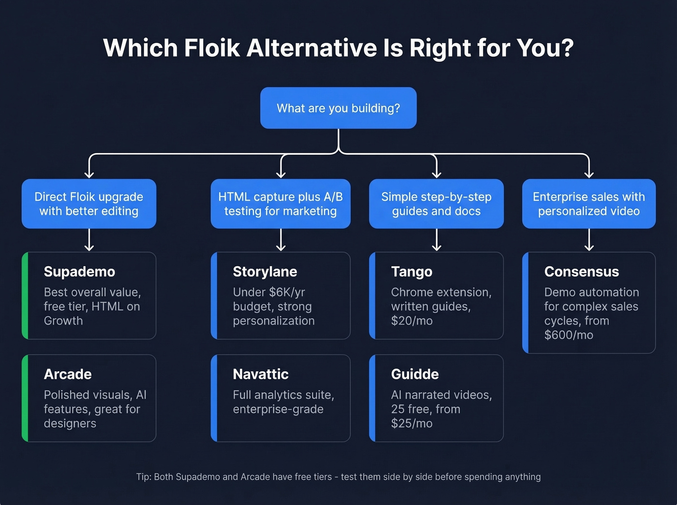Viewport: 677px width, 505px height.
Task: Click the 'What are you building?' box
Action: (x=338, y=108)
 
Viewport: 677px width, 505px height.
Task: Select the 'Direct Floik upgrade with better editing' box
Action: (x=89, y=203)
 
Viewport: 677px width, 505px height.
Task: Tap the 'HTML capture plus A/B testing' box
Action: (x=280, y=203)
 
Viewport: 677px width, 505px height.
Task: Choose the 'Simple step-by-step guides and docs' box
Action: (x=436, y=203)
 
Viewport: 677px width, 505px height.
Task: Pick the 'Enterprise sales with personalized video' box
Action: (x=589, y=203)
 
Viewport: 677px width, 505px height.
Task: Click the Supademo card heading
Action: (x=79, y=272)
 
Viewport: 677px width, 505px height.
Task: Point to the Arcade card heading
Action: (x=68, y=374)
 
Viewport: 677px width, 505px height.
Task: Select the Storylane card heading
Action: (x=265, y=272)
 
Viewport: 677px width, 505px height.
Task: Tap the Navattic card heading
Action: (x=261, y=374)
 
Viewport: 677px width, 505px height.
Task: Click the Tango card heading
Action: (x=412, y=272)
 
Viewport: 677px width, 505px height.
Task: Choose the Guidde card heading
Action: (x=415, y=374)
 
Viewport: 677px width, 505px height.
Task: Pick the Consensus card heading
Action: (x=581, y=272)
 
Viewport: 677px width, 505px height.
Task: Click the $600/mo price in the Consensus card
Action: (x=569, y=335)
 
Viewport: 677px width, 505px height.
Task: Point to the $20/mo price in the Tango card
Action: (x=412, y=321)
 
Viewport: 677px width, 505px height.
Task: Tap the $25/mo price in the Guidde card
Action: (x=412, y=423)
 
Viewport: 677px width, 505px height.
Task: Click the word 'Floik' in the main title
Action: (x=212, y=48)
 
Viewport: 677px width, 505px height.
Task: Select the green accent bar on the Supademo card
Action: (x=25, y=295)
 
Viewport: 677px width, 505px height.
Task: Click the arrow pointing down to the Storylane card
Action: (x=280, y=240)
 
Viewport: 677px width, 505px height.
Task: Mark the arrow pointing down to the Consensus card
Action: (x=589, y=240)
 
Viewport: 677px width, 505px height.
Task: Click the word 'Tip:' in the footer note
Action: (x=144, y=477)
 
